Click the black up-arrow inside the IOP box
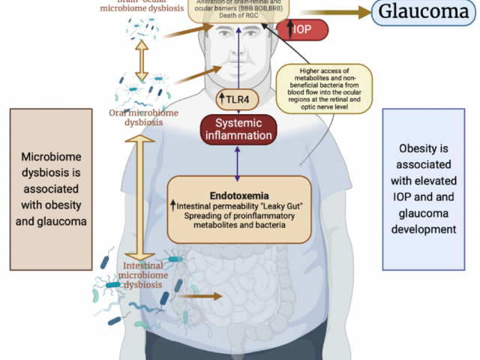[x=292, y=29]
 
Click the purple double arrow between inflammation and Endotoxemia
[x=238, y=162]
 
